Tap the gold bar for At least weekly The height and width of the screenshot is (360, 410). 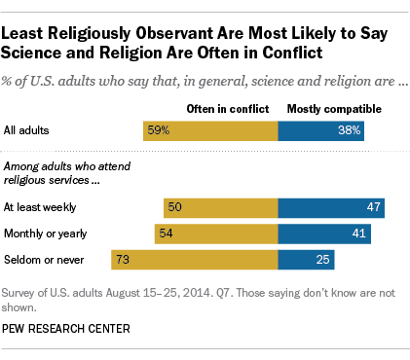pyautogui.click(x=221, y=207)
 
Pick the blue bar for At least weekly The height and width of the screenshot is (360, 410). pyautogui.click(x=331, y=207)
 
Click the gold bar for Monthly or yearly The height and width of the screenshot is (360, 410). pyautogui.click(x=216, y=234)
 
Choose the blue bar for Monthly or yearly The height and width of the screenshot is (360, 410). pyautogui.click(x=324, y=234)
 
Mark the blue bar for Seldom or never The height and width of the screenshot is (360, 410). pyautogui.click(x=306, y=260)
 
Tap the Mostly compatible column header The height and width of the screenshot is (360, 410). pyautogui.click(x=325, y=108)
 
